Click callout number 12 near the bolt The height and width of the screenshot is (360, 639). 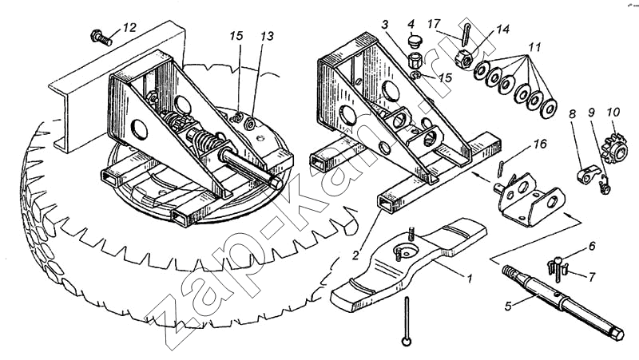(129, 28)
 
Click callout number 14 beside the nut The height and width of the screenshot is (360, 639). (502, 29)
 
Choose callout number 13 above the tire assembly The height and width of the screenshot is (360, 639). (265, 36)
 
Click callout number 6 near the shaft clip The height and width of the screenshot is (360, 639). (592, 247)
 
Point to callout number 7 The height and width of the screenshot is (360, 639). (592, 277)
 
